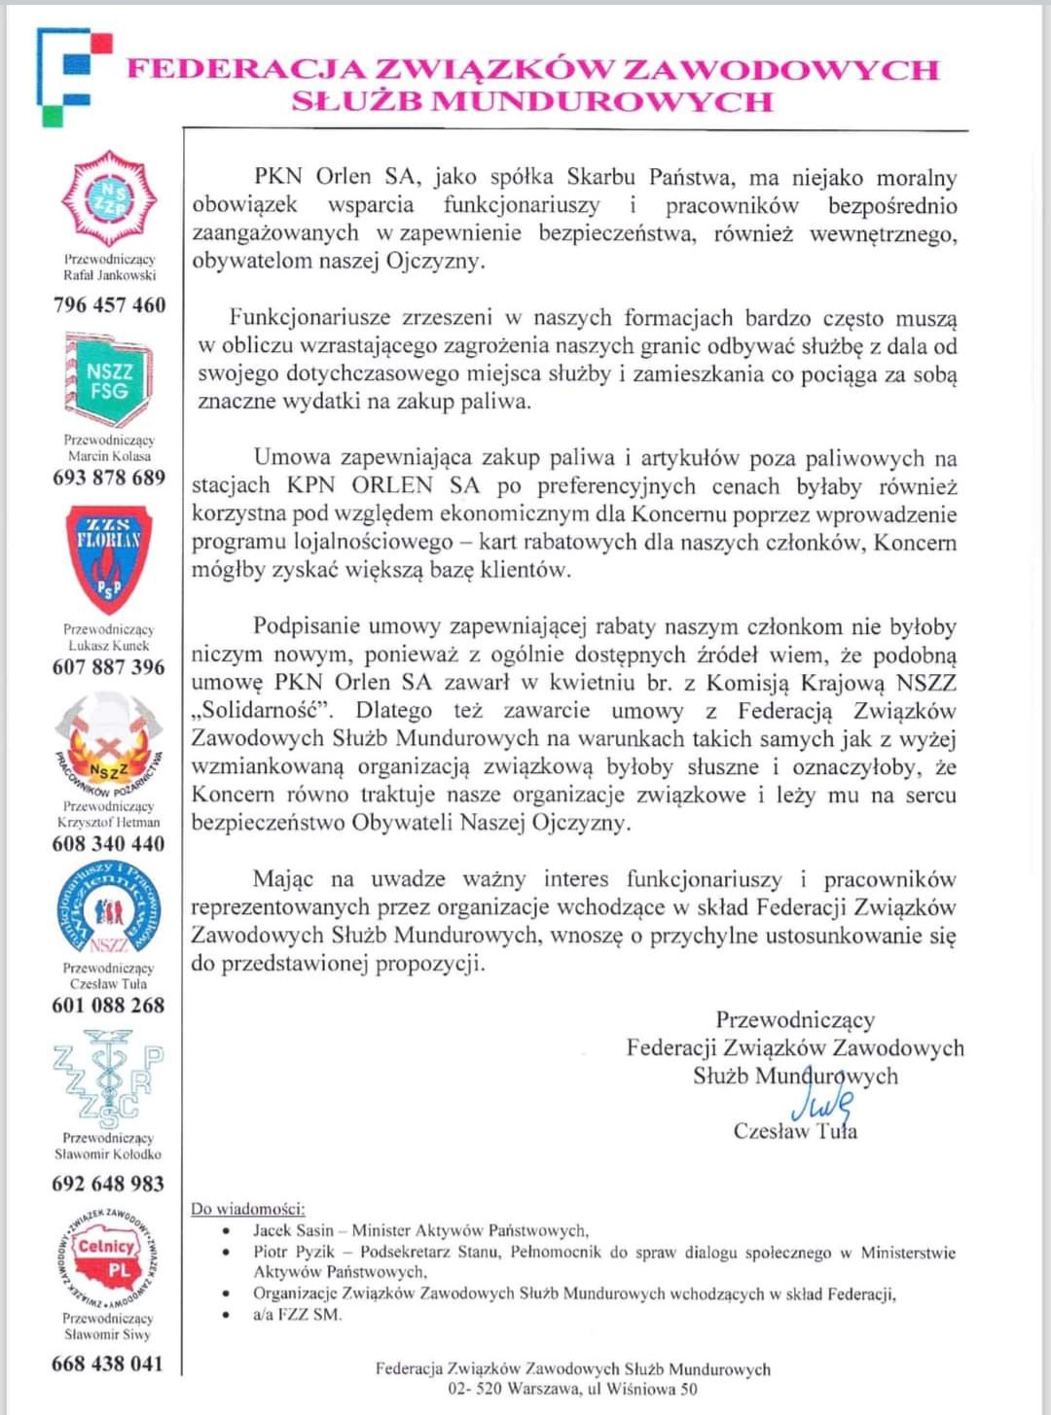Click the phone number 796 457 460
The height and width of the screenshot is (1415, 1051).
[x=109, y=305]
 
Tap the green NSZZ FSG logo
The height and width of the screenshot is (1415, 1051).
[x=108, y=379]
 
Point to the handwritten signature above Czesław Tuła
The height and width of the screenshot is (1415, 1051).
[x=823, y=1105]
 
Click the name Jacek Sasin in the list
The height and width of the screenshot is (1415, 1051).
[x=293, y=1230]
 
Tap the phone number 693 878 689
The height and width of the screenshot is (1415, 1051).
[x=109, y=478]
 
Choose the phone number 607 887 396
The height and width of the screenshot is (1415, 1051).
[x=109, y=667]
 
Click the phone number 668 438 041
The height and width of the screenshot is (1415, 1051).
[x=108, y=1364]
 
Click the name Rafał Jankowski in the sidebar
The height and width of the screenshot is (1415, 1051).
[x=109, y=275]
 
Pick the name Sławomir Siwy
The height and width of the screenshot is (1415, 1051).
[x=108, y=1334]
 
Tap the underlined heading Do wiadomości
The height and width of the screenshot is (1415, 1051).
[x=248, y=1209]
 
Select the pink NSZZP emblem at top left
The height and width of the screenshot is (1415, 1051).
[x=108, y=198]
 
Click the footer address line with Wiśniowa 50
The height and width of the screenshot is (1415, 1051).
[x=572, y=1389]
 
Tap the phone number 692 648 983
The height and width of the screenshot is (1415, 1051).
[x=108, y=1184]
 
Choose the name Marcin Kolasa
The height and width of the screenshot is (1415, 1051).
[x=109, y=455]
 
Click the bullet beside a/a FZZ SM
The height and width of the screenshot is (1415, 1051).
[x=226, y=1315]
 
